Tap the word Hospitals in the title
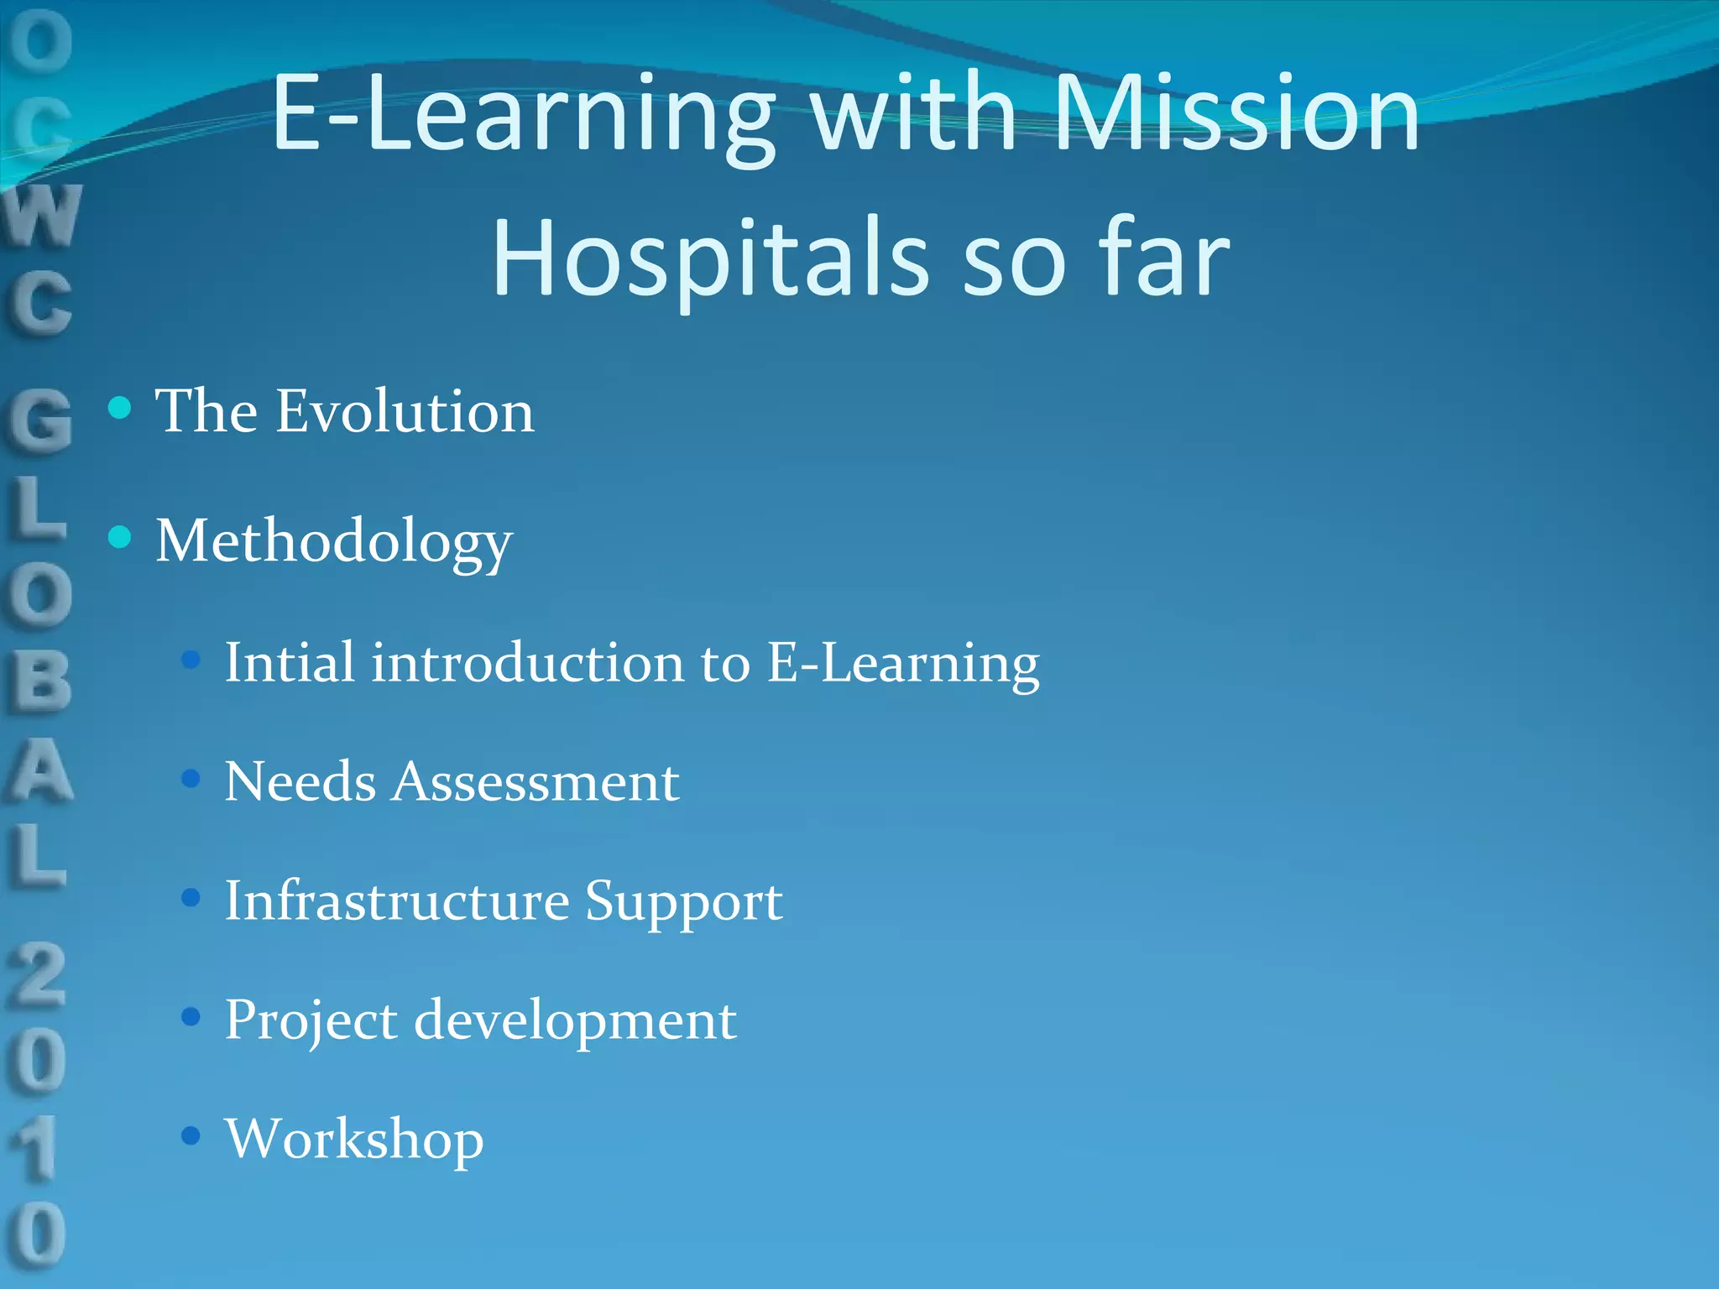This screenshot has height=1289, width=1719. pos(710,258)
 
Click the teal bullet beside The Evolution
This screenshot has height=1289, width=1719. pos(121,408)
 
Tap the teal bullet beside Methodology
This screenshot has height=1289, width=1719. pos(121,537)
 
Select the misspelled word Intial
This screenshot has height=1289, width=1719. pos(290,662)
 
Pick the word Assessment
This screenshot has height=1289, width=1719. pos(536,782)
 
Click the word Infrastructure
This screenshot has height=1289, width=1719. pos(397,901)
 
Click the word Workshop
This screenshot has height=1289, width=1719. pos(354,1140)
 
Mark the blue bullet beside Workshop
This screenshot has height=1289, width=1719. pos(191,1136)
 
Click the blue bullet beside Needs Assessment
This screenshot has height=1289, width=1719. pos(191,780)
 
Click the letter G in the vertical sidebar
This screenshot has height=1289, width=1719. pos(39,419)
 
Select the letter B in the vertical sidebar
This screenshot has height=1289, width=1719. pos(39,681)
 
